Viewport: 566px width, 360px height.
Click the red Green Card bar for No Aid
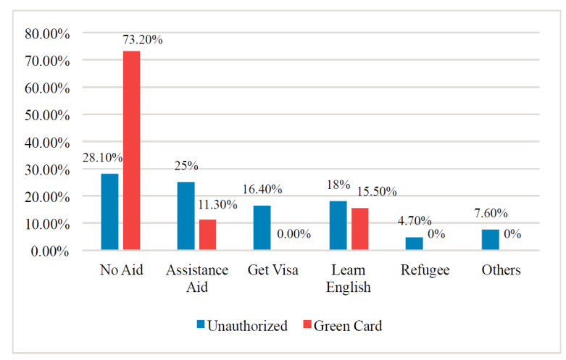pyautogui.click(x=131, y=151)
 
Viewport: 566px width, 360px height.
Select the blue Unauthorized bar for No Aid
pyautogui.click(x=109, y=212)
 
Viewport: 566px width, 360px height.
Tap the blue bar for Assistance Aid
pyautogui.click(x=186, y=217)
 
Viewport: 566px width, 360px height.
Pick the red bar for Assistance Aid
pyautogui.click(x=207, y=235)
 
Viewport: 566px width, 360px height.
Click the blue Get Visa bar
pyautogui.click(x=262, y=228)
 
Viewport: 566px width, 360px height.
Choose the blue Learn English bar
pyautogui.click(x=338, y=226)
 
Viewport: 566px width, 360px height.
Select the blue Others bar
pyautogui.click(x=490, y=240)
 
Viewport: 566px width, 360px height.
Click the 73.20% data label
pyautogui.click(x=142, y=39)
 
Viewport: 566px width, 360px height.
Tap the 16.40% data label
pyautogui.click(x=262, y=190)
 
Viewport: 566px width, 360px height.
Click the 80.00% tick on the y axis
pyautogui.click(x=46, y=33)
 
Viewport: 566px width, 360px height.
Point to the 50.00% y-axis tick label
pyautogui.click(x=46, y=115)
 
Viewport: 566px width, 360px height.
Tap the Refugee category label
pyautogui.click(x=425, y=270)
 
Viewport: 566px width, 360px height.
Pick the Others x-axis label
pyautogui.click(x=501, y=270)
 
